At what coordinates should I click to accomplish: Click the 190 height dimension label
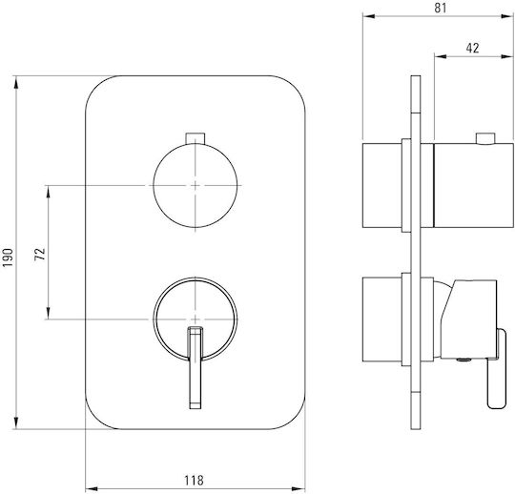click(8, 257)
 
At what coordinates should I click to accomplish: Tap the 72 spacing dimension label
click(40, 254)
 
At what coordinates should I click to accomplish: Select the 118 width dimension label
click(194, 481)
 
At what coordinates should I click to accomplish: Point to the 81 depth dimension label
click(441, 8)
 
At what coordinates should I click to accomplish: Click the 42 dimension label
click(472, 49)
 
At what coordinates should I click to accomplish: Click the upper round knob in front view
click(196, 186)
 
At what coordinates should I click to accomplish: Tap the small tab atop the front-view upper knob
click(196, 138)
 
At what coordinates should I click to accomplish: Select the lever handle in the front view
click(196, 367)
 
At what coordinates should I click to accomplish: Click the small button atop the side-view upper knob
click(485, 138)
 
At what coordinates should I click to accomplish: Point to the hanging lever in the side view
click(497, 368)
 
